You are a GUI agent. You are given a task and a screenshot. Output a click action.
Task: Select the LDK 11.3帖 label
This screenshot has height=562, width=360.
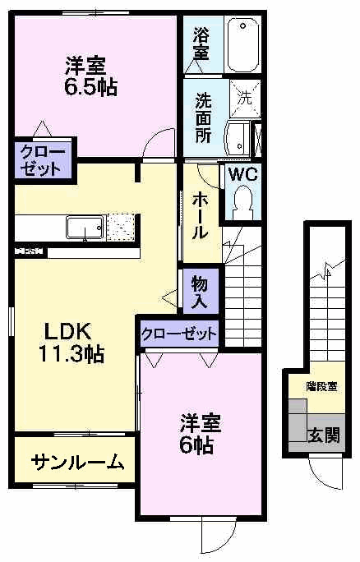click(73, 343)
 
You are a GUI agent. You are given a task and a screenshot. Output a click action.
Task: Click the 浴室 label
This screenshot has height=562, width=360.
click(201, 44)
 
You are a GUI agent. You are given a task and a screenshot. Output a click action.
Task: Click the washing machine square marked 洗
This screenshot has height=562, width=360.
click(244, 97)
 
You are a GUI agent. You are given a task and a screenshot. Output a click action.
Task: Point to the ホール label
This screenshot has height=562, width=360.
click(200, 214)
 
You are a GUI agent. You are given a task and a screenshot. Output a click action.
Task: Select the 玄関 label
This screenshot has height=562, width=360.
click(323, 435)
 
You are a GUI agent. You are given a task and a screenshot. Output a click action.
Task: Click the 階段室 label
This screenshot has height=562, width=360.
click(321, 386)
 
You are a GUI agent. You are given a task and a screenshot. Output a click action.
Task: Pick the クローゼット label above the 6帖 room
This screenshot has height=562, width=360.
click(178, 334)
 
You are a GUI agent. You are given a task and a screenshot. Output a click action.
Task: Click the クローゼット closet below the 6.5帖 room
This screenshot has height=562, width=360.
click(40, 160)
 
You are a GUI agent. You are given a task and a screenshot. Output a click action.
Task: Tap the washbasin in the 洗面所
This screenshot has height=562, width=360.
click(240, 136)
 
